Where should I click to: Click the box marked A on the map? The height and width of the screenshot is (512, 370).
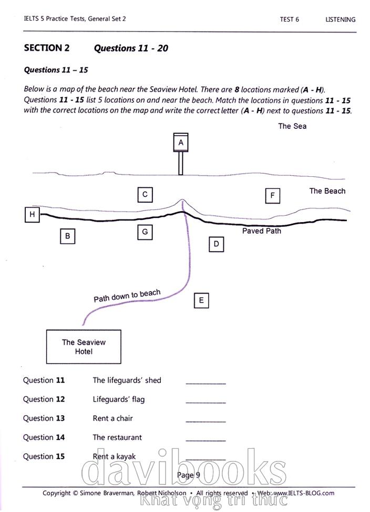tap(181, 143)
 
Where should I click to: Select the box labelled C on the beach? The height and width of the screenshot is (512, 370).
tap(145, 195)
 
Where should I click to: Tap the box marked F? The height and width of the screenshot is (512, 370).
tap(272, 196)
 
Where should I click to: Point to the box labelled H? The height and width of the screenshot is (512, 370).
tap(33, 214)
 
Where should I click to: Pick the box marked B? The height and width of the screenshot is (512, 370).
tap(67, 236)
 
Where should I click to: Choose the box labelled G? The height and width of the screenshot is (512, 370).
tap(145, 232)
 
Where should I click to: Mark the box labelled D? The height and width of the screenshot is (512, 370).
tap(216, 244)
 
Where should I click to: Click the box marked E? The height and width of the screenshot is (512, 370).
tap(201, 300)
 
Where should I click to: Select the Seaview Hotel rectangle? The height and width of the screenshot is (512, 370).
tap(84, 347)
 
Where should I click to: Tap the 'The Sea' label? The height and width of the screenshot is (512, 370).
tap(292, 126)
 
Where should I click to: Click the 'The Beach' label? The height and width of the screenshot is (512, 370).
tap(327, 191)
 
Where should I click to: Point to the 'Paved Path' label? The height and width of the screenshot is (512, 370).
tap(261, 231)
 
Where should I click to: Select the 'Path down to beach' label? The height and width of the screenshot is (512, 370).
tap(127, 296)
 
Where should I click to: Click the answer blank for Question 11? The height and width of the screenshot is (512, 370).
tap(205, 381)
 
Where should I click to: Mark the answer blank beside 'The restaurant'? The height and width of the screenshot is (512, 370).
tap(205, 438)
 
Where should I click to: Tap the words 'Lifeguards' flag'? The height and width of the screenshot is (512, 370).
tap(118, 399)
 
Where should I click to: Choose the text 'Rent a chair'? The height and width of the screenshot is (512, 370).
tap(112, 418)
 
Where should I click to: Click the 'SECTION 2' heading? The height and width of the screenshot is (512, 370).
tap(47, 48)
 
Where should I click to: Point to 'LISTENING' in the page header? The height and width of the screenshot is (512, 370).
tap(340, 19)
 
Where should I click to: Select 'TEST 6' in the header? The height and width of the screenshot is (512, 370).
tap(290, 19)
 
